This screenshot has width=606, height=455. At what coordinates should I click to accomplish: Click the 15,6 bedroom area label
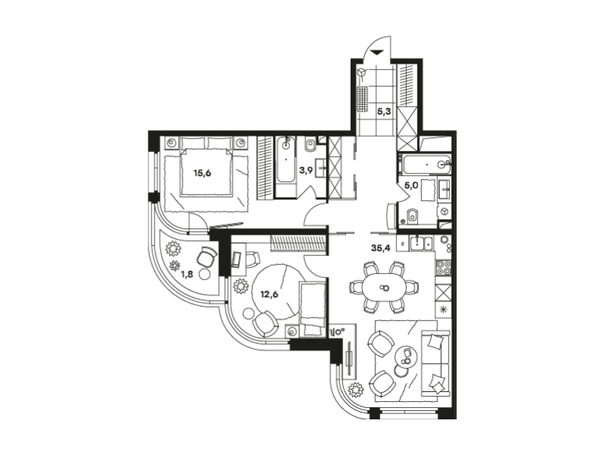[x=202, y=173]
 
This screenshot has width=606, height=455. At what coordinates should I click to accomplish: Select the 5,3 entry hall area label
[x=384, y=111]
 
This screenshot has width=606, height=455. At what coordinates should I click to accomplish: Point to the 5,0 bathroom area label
[x=411, y=185]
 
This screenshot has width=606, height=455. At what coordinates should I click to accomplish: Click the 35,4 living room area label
[x=381, y=248]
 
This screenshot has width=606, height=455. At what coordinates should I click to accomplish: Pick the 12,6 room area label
[x=269, y=294]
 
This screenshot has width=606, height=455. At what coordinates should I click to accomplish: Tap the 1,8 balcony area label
[x=186, y=275]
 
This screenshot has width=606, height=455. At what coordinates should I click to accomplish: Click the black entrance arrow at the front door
[x=376, y=52]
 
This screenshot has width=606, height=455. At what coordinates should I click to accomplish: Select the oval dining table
[x=384, y=287]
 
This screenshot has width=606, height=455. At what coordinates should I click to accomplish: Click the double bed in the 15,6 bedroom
[x=206, y=166]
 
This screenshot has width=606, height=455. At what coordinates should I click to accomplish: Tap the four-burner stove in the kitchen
[x=443, y=268]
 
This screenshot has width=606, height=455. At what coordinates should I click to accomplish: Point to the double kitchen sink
[x=422, y=243]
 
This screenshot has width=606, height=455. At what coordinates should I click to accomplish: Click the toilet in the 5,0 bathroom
[x=412, y=216]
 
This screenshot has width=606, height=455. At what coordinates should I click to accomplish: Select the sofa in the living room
[x=436, y=363]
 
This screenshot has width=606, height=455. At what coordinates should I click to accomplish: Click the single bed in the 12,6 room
[x=312, y=309]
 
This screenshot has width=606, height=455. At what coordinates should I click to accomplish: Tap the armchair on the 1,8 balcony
[x=207, y=256]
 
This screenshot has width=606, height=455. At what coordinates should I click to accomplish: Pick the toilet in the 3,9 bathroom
[x=311, y=146]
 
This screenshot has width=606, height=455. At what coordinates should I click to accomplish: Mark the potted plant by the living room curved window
[x=355, y=390]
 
